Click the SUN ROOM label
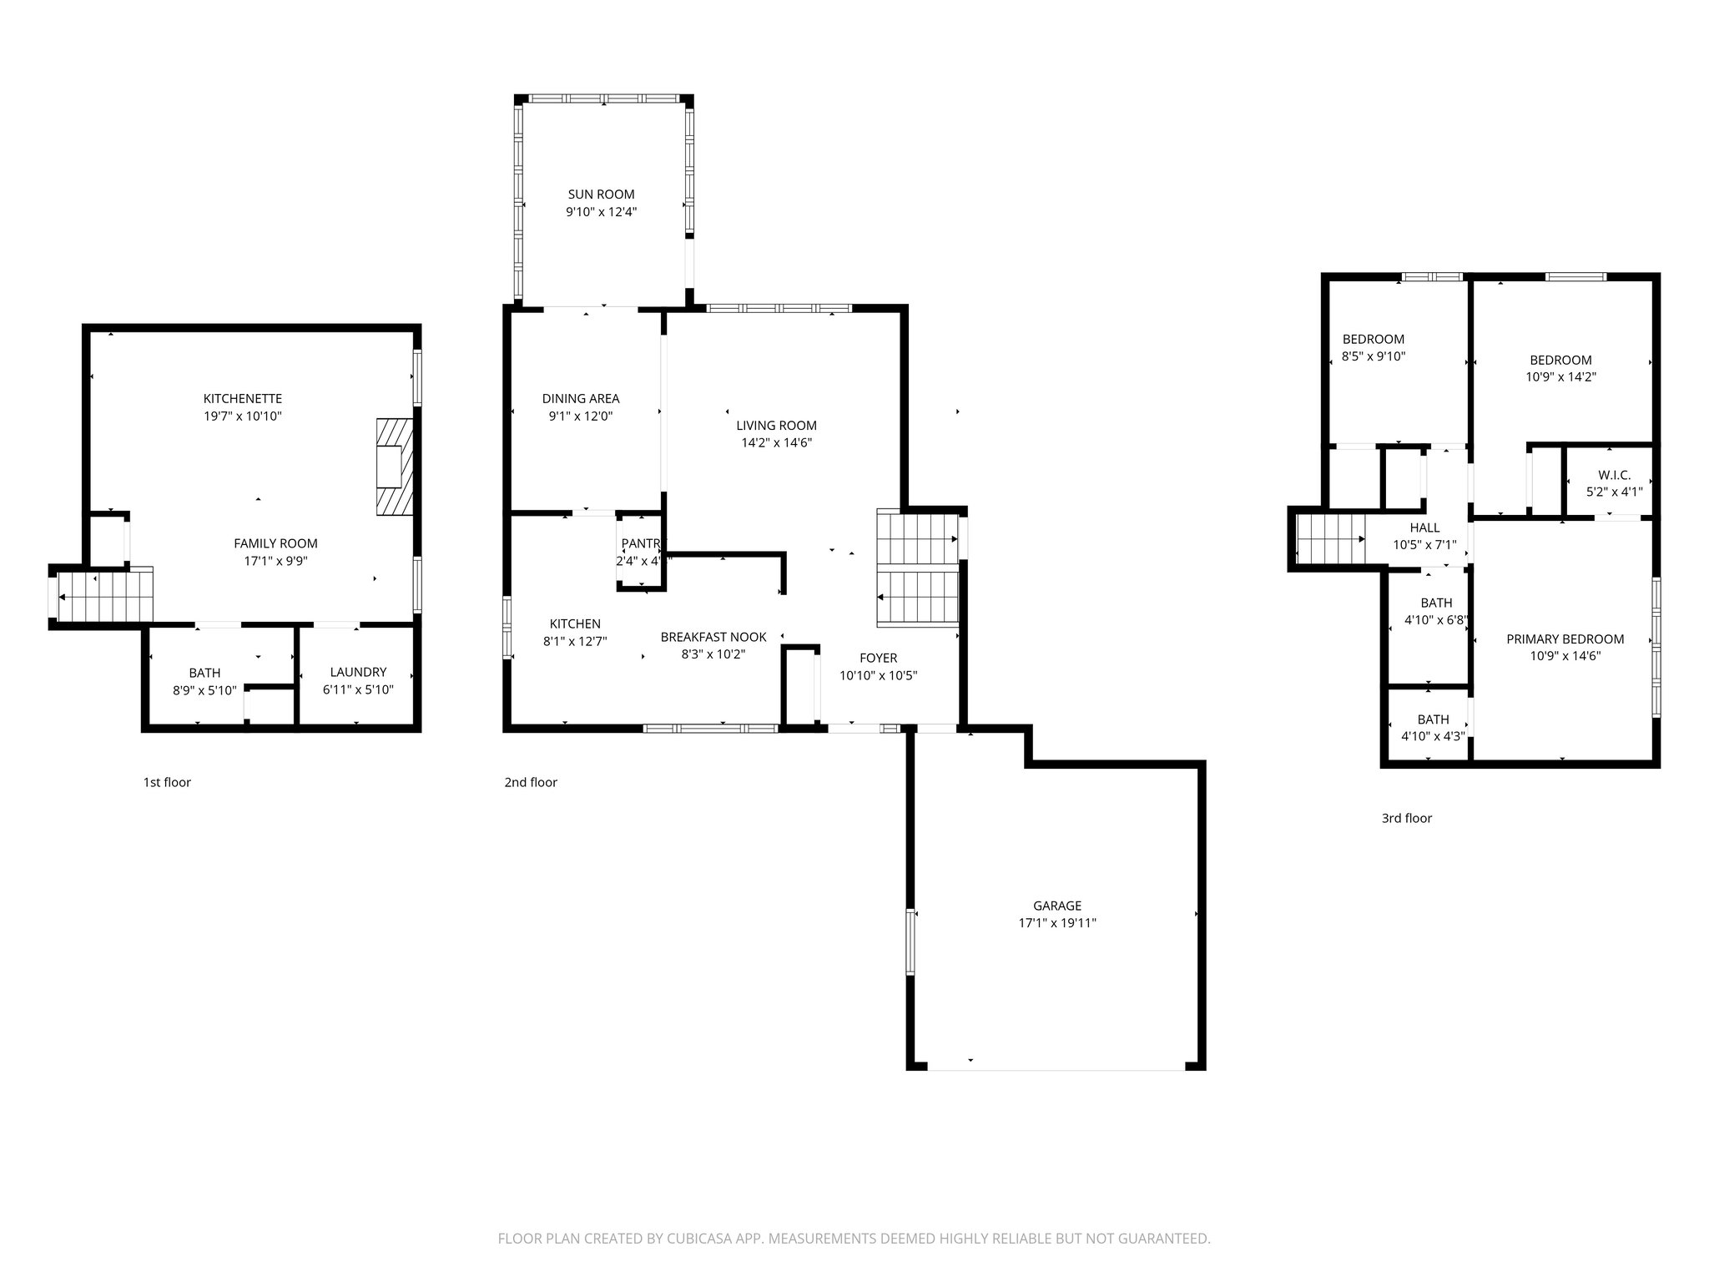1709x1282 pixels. (601, 194)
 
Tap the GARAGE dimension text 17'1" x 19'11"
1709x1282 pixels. (1057, 923)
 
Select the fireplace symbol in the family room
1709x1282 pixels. (394, 467)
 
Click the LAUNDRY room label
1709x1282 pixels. (358, 672)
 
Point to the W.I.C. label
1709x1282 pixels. (1614, 475)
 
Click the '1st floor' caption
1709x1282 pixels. (167, 782)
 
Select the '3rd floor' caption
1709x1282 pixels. (1406, 818)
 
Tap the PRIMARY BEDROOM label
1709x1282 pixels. (1565, 639)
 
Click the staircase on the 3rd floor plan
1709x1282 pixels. (1331, 539)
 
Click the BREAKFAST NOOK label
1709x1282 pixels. (713, 637)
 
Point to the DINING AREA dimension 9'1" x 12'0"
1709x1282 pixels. (581, 416)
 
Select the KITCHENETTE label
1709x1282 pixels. (243, 398)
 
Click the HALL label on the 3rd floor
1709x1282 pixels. (1424, 527)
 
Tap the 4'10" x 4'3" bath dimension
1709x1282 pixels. (1433, 736)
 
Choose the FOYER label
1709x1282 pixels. (878, 659)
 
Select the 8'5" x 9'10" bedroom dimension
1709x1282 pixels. (1373, 356)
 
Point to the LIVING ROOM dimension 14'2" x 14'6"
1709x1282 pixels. (776, 443)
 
